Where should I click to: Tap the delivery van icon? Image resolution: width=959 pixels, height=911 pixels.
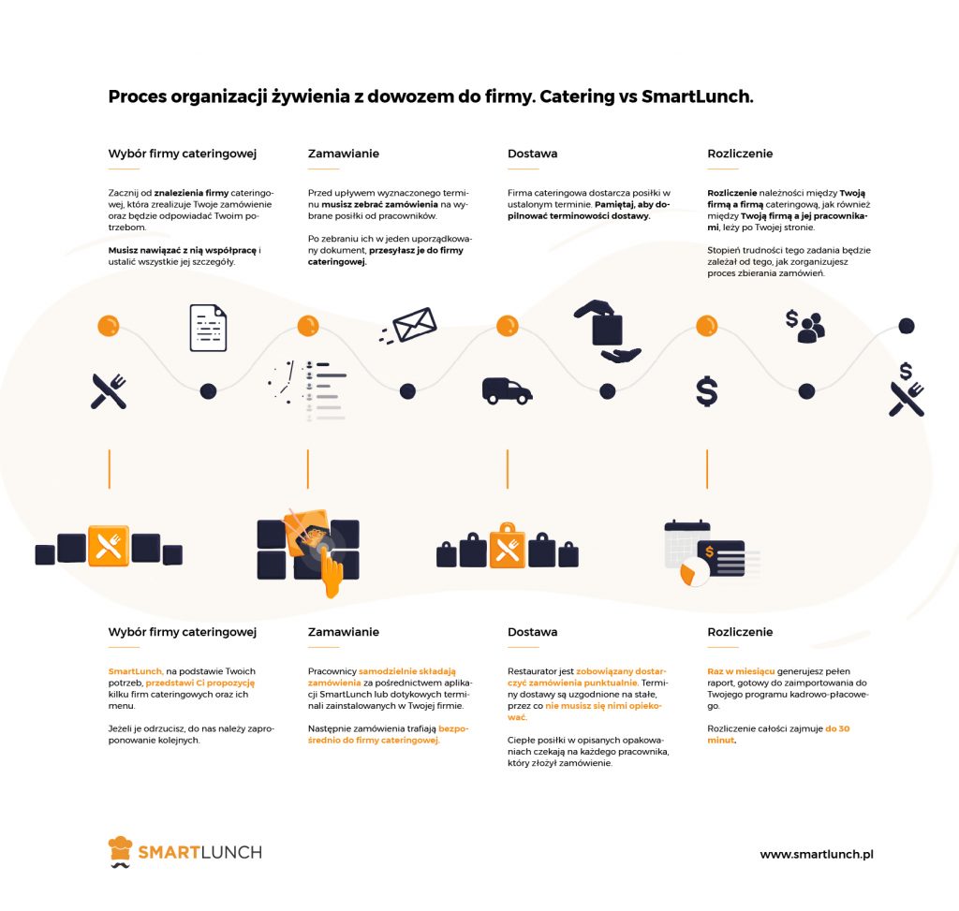(x=507, y=390)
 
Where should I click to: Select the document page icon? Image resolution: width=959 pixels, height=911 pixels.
(x=208, y=328)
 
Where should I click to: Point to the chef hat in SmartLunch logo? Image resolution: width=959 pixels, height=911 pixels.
(x=120, y=850)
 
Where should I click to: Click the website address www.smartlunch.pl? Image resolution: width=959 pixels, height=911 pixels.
(x=816, y=854)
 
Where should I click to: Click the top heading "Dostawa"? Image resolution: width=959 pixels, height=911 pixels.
(x=532, y=154)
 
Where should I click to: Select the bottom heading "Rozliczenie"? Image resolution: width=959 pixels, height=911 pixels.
(x=740, y=632)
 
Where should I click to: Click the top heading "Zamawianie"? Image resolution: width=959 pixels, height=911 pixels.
(x=344, y=154)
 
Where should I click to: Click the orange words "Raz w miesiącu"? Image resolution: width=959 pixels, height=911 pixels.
(x=741, y=671)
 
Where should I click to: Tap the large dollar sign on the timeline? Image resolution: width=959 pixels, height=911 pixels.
(x=707, y=390)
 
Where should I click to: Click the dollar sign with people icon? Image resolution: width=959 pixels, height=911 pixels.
(x=804, y=323)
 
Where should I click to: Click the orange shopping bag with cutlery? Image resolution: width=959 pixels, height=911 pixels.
(x=508, y=547)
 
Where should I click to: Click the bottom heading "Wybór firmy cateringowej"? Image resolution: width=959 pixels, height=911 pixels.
(x=183, y=632)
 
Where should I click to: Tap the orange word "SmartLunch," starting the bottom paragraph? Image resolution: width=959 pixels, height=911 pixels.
(x=136, y=671)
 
